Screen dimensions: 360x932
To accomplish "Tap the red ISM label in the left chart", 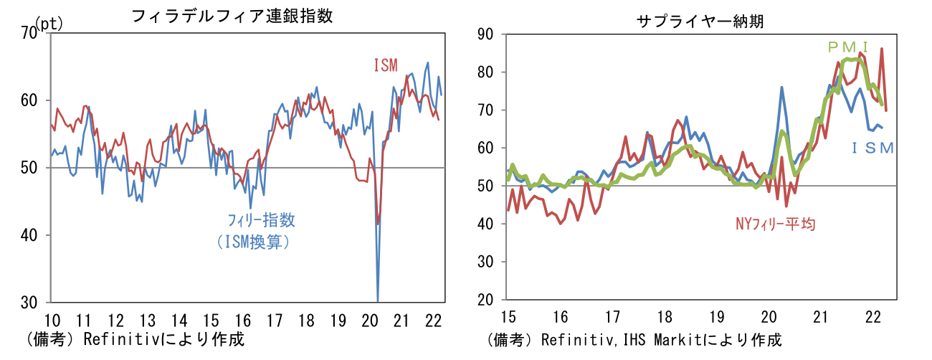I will [385, 65].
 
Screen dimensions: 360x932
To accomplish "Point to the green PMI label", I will [848, 47].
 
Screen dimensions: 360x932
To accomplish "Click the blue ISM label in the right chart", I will [872, 148].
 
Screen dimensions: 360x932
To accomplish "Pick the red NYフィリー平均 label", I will [776, 224].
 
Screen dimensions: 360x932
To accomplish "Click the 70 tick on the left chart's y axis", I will [30, 34].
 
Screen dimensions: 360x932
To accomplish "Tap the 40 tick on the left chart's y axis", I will [30, 235].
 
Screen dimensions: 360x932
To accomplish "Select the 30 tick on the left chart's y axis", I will [30, 302].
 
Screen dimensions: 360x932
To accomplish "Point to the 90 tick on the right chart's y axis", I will [485, 34].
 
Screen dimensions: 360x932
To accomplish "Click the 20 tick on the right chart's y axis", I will [485, 300].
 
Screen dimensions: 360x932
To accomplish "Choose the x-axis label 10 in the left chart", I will [52, 320].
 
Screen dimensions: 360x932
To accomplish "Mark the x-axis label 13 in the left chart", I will [147, 320].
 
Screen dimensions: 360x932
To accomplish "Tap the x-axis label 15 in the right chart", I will [508, 317].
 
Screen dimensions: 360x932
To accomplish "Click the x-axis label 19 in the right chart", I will [716, 317].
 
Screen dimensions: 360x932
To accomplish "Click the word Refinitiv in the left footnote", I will [118, 339].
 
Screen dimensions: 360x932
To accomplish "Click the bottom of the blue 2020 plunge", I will [377, 300].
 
